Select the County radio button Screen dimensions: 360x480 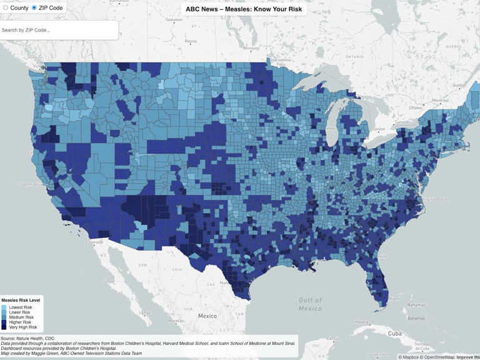6,7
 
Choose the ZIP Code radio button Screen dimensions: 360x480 34,7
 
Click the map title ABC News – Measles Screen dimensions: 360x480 244,9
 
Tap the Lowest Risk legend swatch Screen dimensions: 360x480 4,308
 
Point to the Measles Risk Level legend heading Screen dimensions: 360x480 21,300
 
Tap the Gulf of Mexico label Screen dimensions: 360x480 310,304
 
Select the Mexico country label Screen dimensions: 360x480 207,316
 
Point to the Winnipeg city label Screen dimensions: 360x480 251,47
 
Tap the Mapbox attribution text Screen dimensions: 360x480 409,357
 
